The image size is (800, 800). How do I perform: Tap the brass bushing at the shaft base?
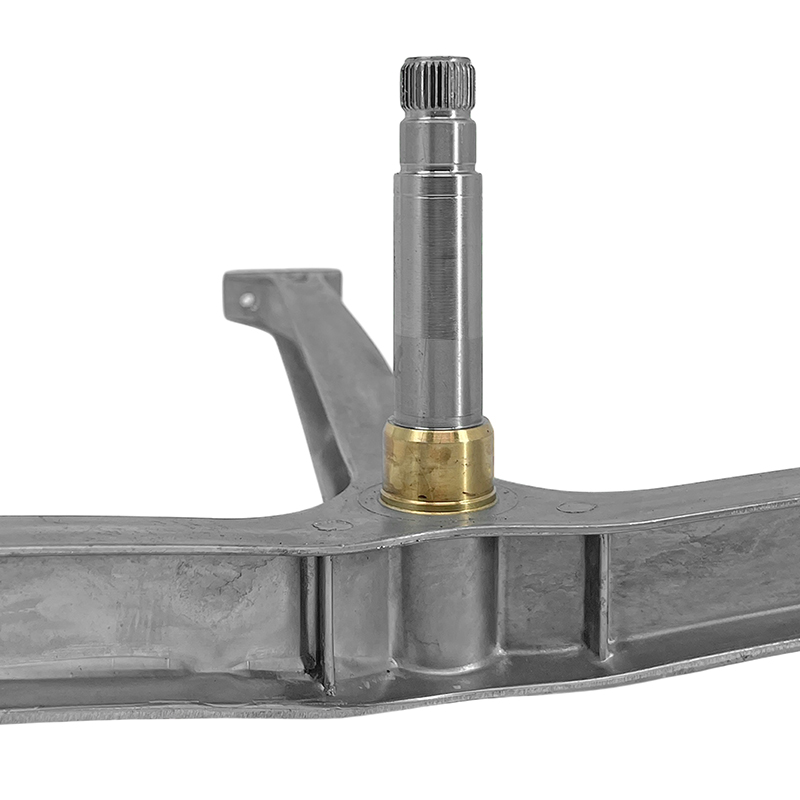click(437, 465)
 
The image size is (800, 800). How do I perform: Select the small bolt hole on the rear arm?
click(247, 299)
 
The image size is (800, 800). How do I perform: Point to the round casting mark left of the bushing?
click(332, 524)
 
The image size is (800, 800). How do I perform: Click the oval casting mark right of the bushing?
click(576, 507)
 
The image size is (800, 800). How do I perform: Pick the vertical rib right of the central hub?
click(597, 595)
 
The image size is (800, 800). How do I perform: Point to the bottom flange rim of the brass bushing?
click(437, 501)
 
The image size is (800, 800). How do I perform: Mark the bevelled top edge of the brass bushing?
click(437, 427)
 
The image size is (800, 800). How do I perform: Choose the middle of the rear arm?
click(330, 390)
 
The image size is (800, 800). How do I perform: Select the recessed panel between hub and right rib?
click(545, 600)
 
